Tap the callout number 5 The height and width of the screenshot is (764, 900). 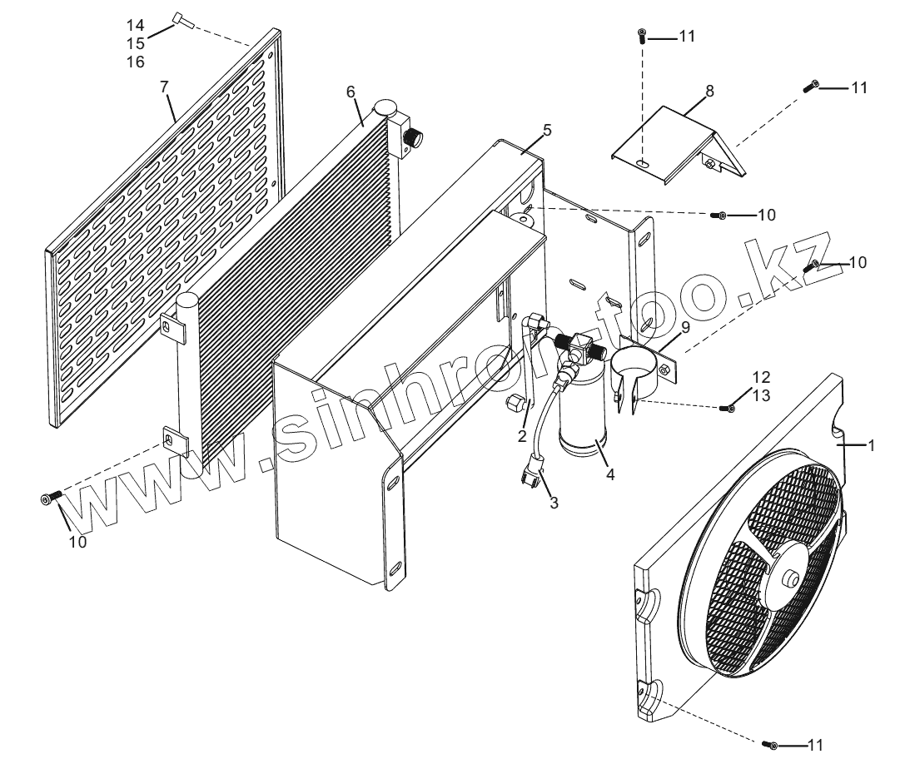pos(546,130)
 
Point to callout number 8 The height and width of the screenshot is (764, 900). pos(709,91)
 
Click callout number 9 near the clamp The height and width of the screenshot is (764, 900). pos(684,328)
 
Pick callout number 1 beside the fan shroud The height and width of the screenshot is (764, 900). pos(871,445)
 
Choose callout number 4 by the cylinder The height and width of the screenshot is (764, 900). pos(610,475)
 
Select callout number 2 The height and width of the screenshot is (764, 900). pos(521,435)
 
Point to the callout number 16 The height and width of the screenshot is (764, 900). pos(135,62)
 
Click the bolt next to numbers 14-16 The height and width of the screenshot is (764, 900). pos(181,20)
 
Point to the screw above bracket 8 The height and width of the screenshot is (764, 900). pos(642,36)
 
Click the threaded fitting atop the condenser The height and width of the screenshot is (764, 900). pos(410,137)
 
